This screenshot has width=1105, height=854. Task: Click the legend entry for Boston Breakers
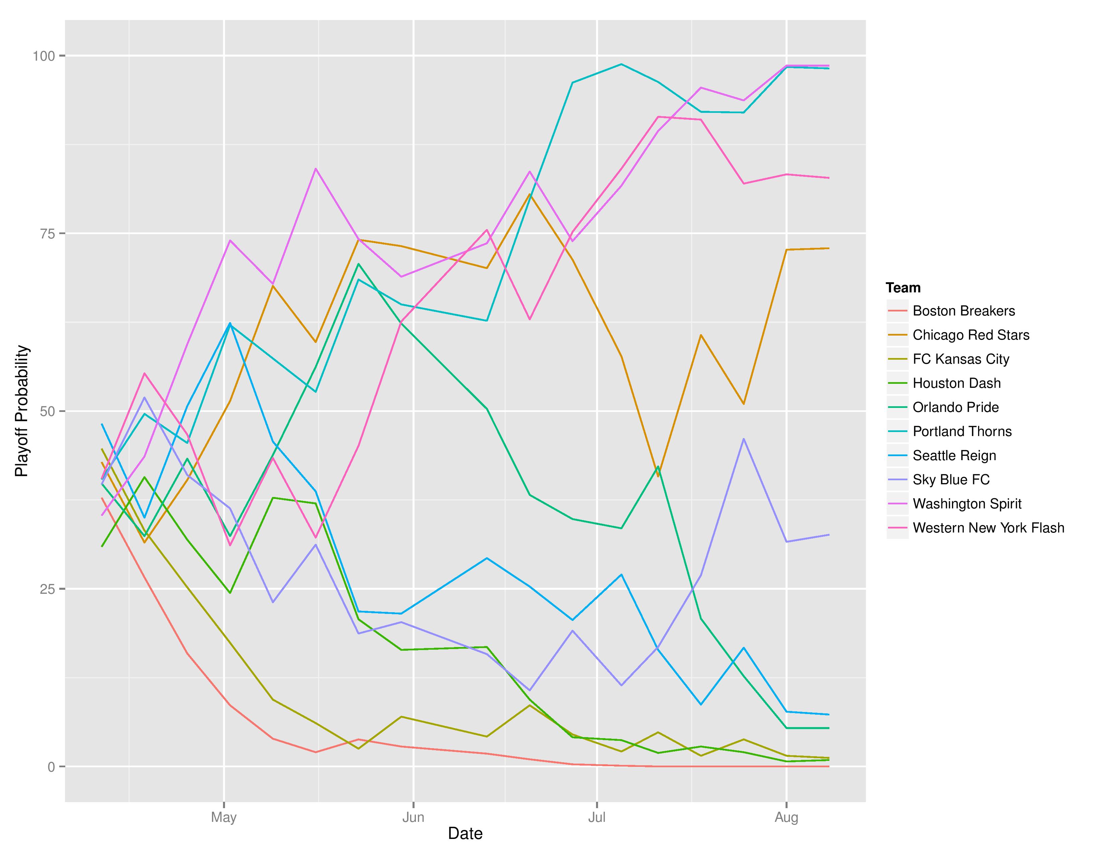point(963,311)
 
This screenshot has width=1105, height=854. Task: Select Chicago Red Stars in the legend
point(970,335)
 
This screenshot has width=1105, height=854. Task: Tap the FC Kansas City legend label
point(960,359)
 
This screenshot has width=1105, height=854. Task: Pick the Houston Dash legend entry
point(956,383)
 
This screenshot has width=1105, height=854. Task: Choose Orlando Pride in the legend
point(955,407)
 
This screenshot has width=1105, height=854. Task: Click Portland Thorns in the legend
point(962,432)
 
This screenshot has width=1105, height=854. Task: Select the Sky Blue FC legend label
point(951,480)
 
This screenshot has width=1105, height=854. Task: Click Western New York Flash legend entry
point(988,528)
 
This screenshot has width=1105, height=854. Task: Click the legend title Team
point(903,288)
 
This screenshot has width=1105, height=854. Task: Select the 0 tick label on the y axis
point(51,767)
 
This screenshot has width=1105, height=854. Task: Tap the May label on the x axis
point(224,817)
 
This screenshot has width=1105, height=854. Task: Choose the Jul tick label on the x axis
point(597,817)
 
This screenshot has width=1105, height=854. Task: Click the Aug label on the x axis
point(786,817)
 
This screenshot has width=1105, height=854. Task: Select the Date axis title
point(465,833)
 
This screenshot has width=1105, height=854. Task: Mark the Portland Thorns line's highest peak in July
point(621,64)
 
